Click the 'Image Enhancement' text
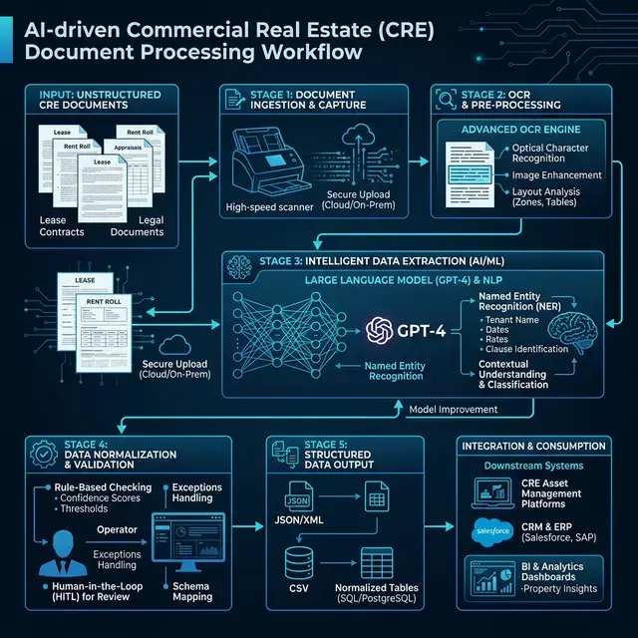(556, 175)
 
